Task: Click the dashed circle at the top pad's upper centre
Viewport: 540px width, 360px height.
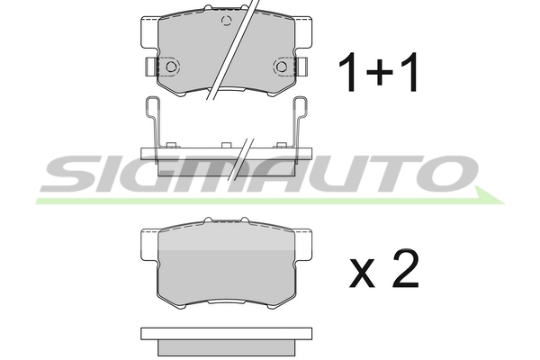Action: point(226,21)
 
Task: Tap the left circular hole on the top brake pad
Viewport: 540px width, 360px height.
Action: point(171,67)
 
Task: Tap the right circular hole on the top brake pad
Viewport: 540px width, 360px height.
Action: point(282,67)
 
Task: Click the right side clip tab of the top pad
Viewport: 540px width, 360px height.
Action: point(302,67)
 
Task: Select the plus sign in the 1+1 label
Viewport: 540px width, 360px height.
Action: point(380,72)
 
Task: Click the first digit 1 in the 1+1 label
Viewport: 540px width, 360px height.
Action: point(348,72)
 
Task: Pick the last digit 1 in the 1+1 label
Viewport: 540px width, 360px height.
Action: point(409,72)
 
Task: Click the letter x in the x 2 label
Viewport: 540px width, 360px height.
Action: point(362,274)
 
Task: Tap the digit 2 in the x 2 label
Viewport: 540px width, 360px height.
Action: point(406,268)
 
